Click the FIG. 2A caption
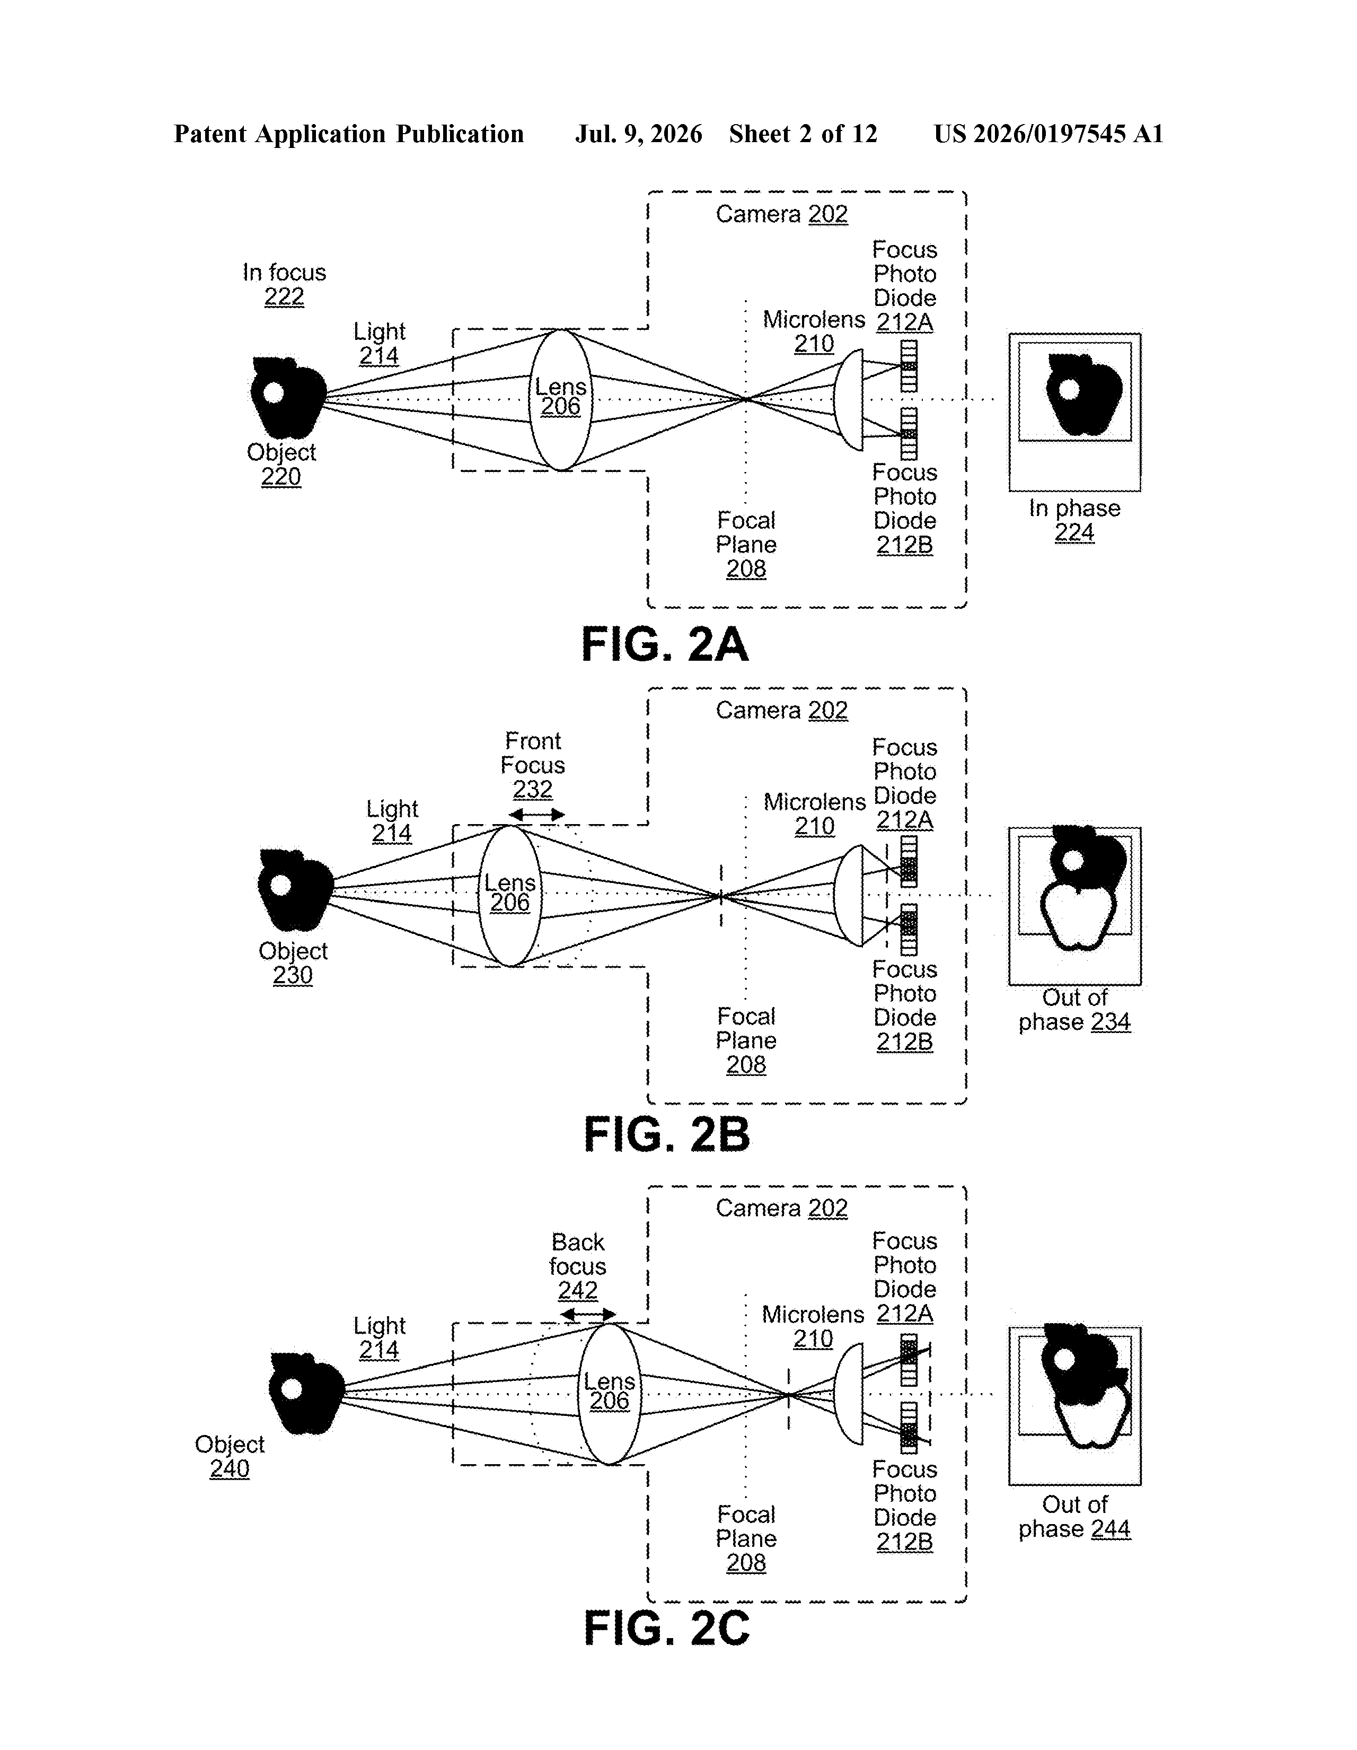point(664,645)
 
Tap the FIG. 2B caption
point(666,1135)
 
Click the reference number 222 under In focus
point(284,296)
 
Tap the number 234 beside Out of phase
point(1111,1022)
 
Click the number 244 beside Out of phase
point(1111,1529)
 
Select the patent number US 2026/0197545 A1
point(1048,134)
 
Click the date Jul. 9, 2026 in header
point(638,134)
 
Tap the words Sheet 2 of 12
point(803,134)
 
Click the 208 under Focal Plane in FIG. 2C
point(746,1562)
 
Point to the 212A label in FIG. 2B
point(904,820)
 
